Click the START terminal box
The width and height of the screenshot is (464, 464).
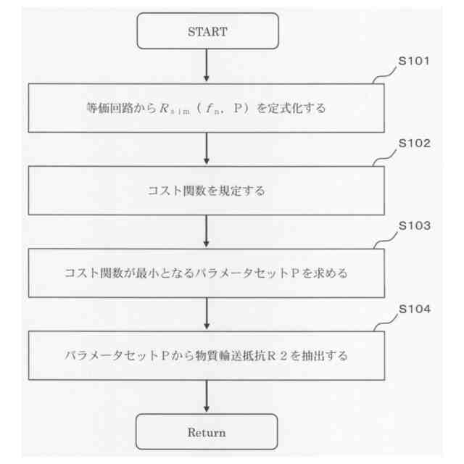[x=207, y=31]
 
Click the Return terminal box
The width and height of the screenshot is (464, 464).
[x=207, y=433]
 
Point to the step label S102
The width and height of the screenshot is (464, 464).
[x=415, y=143]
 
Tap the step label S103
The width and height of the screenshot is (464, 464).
[x=415, y=225]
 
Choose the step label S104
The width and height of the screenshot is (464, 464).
[x=415, y=309]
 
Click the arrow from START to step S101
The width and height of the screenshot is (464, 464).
[x=207, y=66]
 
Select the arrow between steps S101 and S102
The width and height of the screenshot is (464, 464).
[x=207, y=149]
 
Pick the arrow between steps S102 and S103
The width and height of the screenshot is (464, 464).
[x=207, y=231]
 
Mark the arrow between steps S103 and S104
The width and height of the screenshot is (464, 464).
[x=207, y=314]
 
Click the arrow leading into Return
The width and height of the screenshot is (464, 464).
[x=207, y=397]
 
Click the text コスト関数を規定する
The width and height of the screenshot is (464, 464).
[x=207, y=191]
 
